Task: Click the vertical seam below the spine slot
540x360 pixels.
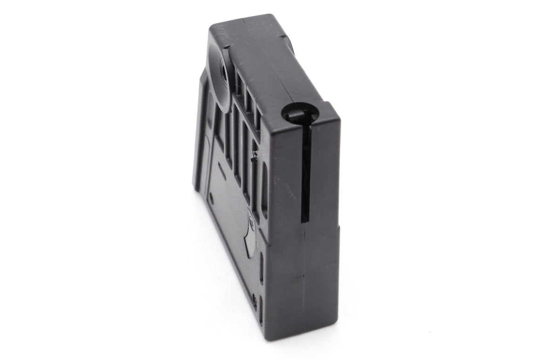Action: click(x=304, y=279)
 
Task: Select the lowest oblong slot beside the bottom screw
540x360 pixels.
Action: click(x=261, y=311)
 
